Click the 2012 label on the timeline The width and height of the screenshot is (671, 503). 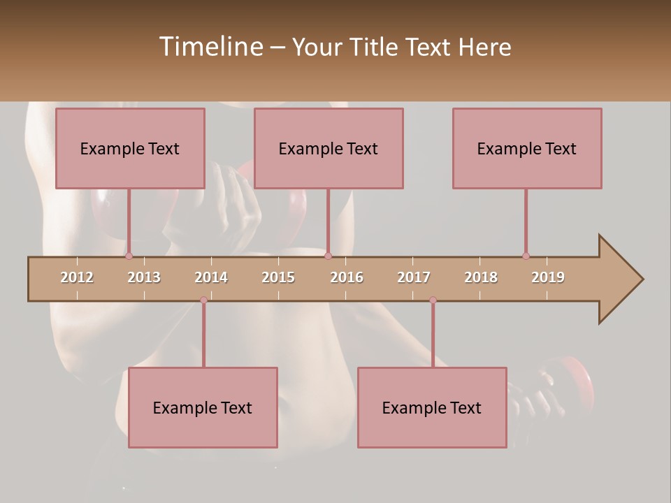pos(77,277)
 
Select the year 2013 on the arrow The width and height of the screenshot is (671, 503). pos(144,277)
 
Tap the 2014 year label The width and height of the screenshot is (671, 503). pos(211,277)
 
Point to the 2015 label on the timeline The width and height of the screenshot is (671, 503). pos(278,277)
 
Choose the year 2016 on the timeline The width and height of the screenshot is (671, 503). pos(347,277)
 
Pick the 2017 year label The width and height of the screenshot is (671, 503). pos(414,277)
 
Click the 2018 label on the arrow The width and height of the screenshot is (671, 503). pos(481,277)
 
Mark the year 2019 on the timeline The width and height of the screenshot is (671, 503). pos(548,277)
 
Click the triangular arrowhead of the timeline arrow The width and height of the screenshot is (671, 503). pos(619,279)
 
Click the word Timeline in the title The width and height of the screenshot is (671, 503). pos(210,47)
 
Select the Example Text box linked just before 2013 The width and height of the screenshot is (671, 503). pos(130,148)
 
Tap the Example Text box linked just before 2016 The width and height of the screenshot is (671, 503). pos(329,148)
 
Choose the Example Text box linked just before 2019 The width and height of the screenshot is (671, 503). pos(527,148)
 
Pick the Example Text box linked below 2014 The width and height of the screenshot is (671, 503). pos(203,407)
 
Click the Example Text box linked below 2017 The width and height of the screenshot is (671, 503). pos(432,407)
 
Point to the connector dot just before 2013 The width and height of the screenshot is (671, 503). pos(129,256)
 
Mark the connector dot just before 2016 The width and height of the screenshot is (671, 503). pos(328,256)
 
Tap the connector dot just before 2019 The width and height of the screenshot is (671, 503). pos(526,256)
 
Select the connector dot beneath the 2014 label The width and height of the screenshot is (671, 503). pos(203,300)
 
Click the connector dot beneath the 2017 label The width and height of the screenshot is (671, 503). pos(433,300)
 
